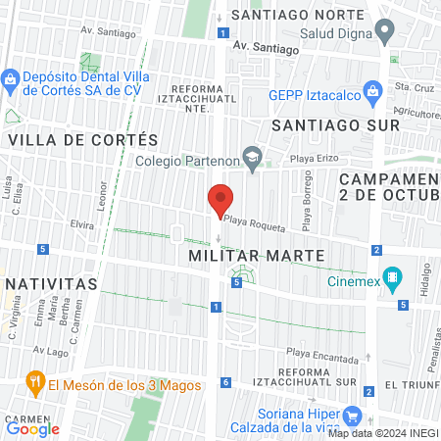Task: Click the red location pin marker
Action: tap(220, 199)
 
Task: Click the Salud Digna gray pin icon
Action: tap(386, 31)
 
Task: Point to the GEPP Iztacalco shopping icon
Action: tap(372, 94)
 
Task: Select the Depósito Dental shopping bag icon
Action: tap(10, 78)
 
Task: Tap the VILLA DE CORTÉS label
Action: tap(82, 140)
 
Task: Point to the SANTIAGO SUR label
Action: tap(335, 125)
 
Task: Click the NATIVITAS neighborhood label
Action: tap(51, 283)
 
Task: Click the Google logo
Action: tap(33, 428)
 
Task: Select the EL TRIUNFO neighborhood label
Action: tap(412, 386)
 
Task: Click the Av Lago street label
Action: tap(47, 350)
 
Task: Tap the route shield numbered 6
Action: tap(226, 382)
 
